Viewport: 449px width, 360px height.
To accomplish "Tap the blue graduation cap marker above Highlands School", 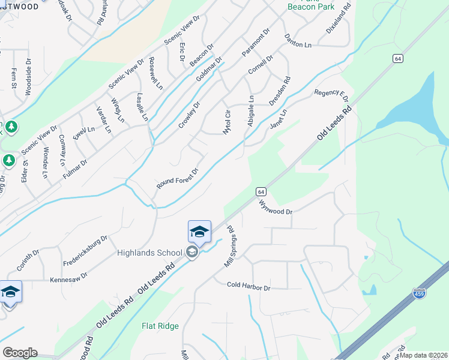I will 199,232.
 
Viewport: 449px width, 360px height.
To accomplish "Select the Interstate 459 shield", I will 420,293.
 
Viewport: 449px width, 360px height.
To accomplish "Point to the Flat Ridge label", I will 160,326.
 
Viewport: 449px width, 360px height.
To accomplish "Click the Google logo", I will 20,353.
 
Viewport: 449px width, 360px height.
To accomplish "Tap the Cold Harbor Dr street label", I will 249,287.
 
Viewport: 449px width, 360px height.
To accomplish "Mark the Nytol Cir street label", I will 227,122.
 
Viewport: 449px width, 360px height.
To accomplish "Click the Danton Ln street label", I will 298,40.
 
